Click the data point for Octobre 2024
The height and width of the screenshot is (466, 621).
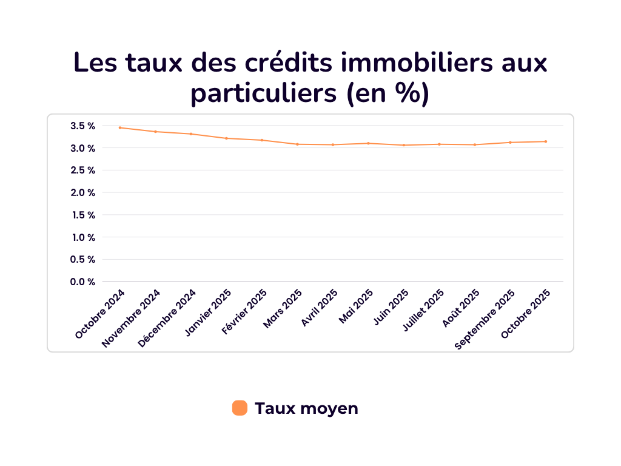120,127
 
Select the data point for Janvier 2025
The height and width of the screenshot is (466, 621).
226,138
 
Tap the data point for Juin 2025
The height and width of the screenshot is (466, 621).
404,145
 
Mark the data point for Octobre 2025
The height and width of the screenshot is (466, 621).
546,141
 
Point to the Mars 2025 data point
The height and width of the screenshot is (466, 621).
297,144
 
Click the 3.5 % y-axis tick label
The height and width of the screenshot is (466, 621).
82,126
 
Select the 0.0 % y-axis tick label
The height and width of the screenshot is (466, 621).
82,282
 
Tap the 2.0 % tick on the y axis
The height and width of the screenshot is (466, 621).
82,193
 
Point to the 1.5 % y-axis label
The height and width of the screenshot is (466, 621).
82,215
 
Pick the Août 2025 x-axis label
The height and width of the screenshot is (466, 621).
461,308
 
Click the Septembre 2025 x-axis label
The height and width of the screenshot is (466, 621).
485,319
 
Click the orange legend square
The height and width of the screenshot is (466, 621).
240,408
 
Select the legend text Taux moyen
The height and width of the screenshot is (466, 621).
306,408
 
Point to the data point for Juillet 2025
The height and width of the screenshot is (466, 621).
439,144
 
